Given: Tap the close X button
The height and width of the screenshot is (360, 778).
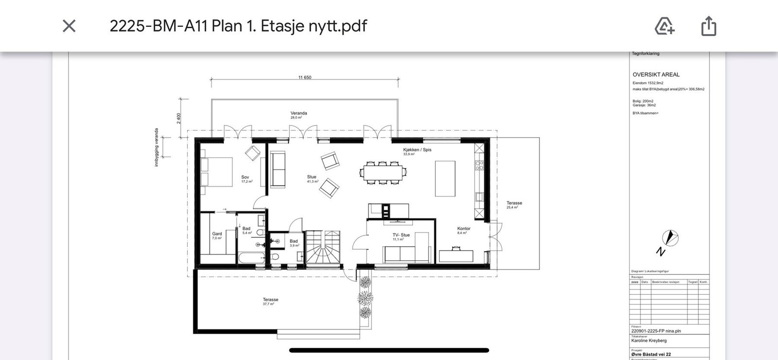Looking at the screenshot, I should pos(69,26).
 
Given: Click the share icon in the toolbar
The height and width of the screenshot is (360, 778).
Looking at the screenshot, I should pos(708,26).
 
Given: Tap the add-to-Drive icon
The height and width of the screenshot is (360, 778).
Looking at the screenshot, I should pos(664,26).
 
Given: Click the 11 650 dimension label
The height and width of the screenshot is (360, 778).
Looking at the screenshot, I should pos(305,77).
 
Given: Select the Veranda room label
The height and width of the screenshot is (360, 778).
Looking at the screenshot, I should pos(299,113).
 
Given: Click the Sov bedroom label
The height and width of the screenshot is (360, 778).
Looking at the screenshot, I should pos(245,178).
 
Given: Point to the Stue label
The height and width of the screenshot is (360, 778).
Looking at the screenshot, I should pos(312,177).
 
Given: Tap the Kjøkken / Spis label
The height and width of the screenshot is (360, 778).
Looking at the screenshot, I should pos(417,150).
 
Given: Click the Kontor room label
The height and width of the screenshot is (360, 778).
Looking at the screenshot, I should pos(463,229).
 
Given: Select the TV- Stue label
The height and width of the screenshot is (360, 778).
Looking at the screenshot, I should pos(401,235).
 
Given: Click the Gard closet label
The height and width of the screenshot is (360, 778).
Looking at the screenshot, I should pos(217,234).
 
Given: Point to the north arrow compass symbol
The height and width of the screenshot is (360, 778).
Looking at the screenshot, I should pos(670,238).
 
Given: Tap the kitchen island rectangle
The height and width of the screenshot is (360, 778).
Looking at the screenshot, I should pos(445,179).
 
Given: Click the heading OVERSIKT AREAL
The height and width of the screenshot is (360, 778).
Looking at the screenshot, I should pos(656,74).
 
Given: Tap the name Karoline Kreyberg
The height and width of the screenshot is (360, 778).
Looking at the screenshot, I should pos(649,341).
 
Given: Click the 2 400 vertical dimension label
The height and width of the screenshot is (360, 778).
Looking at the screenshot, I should pos(178,118).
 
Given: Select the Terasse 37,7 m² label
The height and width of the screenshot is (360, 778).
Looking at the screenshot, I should pos(270,300).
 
